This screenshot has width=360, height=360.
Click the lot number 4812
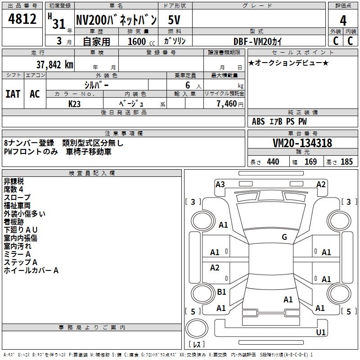click(x=22, y=19)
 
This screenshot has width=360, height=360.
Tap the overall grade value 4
click(x=343, y=20)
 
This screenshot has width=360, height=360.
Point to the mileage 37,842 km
click(x=54, y=64)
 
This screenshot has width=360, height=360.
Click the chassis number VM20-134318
click(x=302, y=143)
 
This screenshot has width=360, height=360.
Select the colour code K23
click(x=75, y=103)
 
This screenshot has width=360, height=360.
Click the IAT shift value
click(x=13, y=94)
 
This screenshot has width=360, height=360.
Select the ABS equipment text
click(x=258, y=121)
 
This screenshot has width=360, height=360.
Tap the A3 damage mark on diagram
click(x=220, y=184)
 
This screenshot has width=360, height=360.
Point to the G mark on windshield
click(x=284, y=237)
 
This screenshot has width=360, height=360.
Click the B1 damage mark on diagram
click(x=221, y=292)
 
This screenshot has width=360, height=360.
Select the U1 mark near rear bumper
click(x=321, y=332)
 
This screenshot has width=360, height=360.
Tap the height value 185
click(x=346, y=162)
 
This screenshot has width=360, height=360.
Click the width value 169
click(x=310, y=162)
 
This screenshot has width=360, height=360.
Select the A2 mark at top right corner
click(x=321, y=184)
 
